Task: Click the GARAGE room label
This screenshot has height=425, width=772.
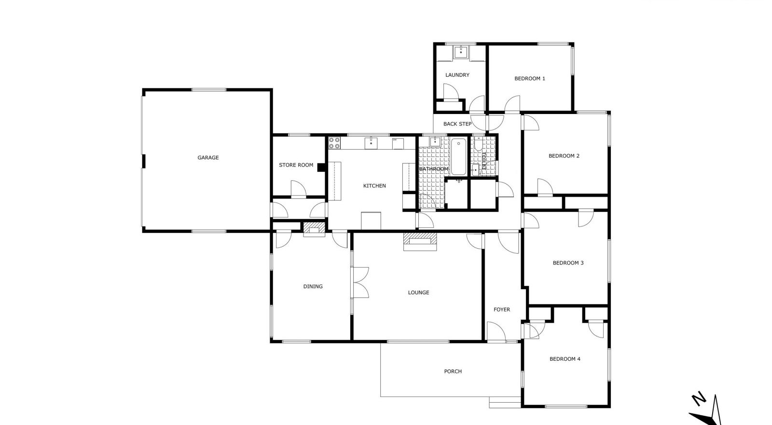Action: [x=208, y=157]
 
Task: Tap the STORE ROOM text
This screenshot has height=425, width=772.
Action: [x=296, y=165]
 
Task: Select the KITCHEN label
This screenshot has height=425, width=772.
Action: [x=374, y=186]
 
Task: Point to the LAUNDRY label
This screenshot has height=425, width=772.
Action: [x=457, y=75]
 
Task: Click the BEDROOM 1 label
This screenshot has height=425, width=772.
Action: [x=530, y=79]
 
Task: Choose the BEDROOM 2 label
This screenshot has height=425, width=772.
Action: [x=564, y=156]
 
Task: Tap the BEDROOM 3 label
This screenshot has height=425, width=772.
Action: [x=568, y=263]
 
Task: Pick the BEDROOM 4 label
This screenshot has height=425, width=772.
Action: [x=565, y=359]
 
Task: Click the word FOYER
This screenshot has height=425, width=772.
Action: [x=502, y=310]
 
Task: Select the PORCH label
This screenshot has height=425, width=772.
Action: [x=453, y=371]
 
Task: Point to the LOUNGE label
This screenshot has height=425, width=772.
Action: [x=419, y=293]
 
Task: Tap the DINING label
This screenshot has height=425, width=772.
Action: [x=313, y=286]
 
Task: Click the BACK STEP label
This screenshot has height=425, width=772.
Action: [x=457, y=124]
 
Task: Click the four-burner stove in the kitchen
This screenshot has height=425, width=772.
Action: [x=334, y=143]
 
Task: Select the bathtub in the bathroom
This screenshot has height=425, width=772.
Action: [x=458, y=157]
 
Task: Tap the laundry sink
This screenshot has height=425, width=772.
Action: [x=461, y=53]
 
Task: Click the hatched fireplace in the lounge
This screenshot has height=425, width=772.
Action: [x=420, y=241]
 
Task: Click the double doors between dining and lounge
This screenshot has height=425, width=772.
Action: [x=360, y=283]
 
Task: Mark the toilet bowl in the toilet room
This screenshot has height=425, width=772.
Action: [x=478, y=144]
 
